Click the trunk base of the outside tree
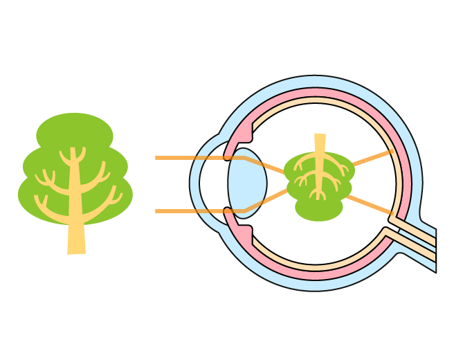click(x=76, y=247)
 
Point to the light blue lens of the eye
click(x=247, y=183)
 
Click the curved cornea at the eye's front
click(x=195, y=183)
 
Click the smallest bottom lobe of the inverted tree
click(x=319, y=209)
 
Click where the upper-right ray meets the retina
click(x=392, y=151)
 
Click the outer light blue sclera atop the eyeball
click(x=316, y=82)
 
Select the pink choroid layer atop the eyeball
click(x=316, y=92)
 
